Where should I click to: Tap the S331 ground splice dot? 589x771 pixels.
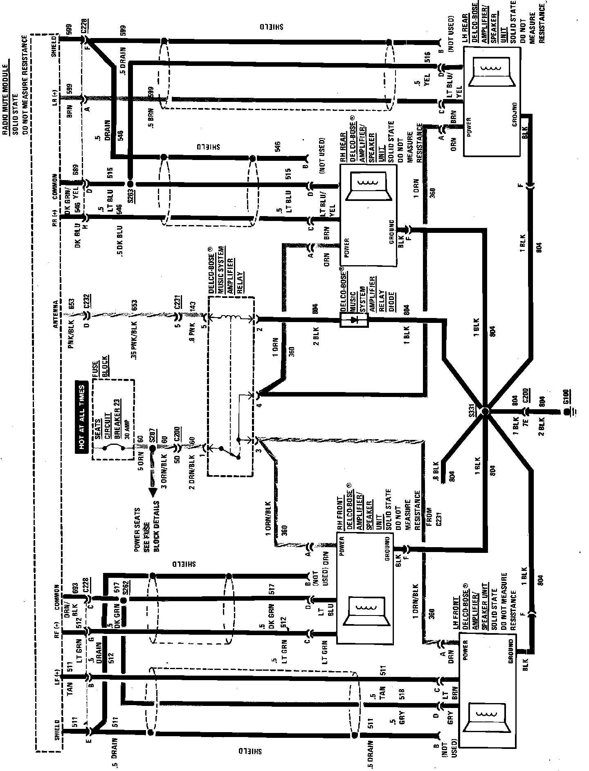point(485,411)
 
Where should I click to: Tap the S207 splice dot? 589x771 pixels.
point(152,448)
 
